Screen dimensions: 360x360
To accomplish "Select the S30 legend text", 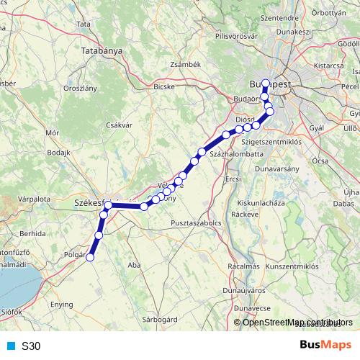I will click(31, 346).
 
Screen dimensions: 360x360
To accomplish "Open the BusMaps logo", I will click(321, 346).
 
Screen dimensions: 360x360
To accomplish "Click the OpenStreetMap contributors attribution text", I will click(297, 323).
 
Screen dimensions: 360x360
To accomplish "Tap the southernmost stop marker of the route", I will click(90, 258).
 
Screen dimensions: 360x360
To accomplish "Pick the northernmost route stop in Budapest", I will click(265, 83).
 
